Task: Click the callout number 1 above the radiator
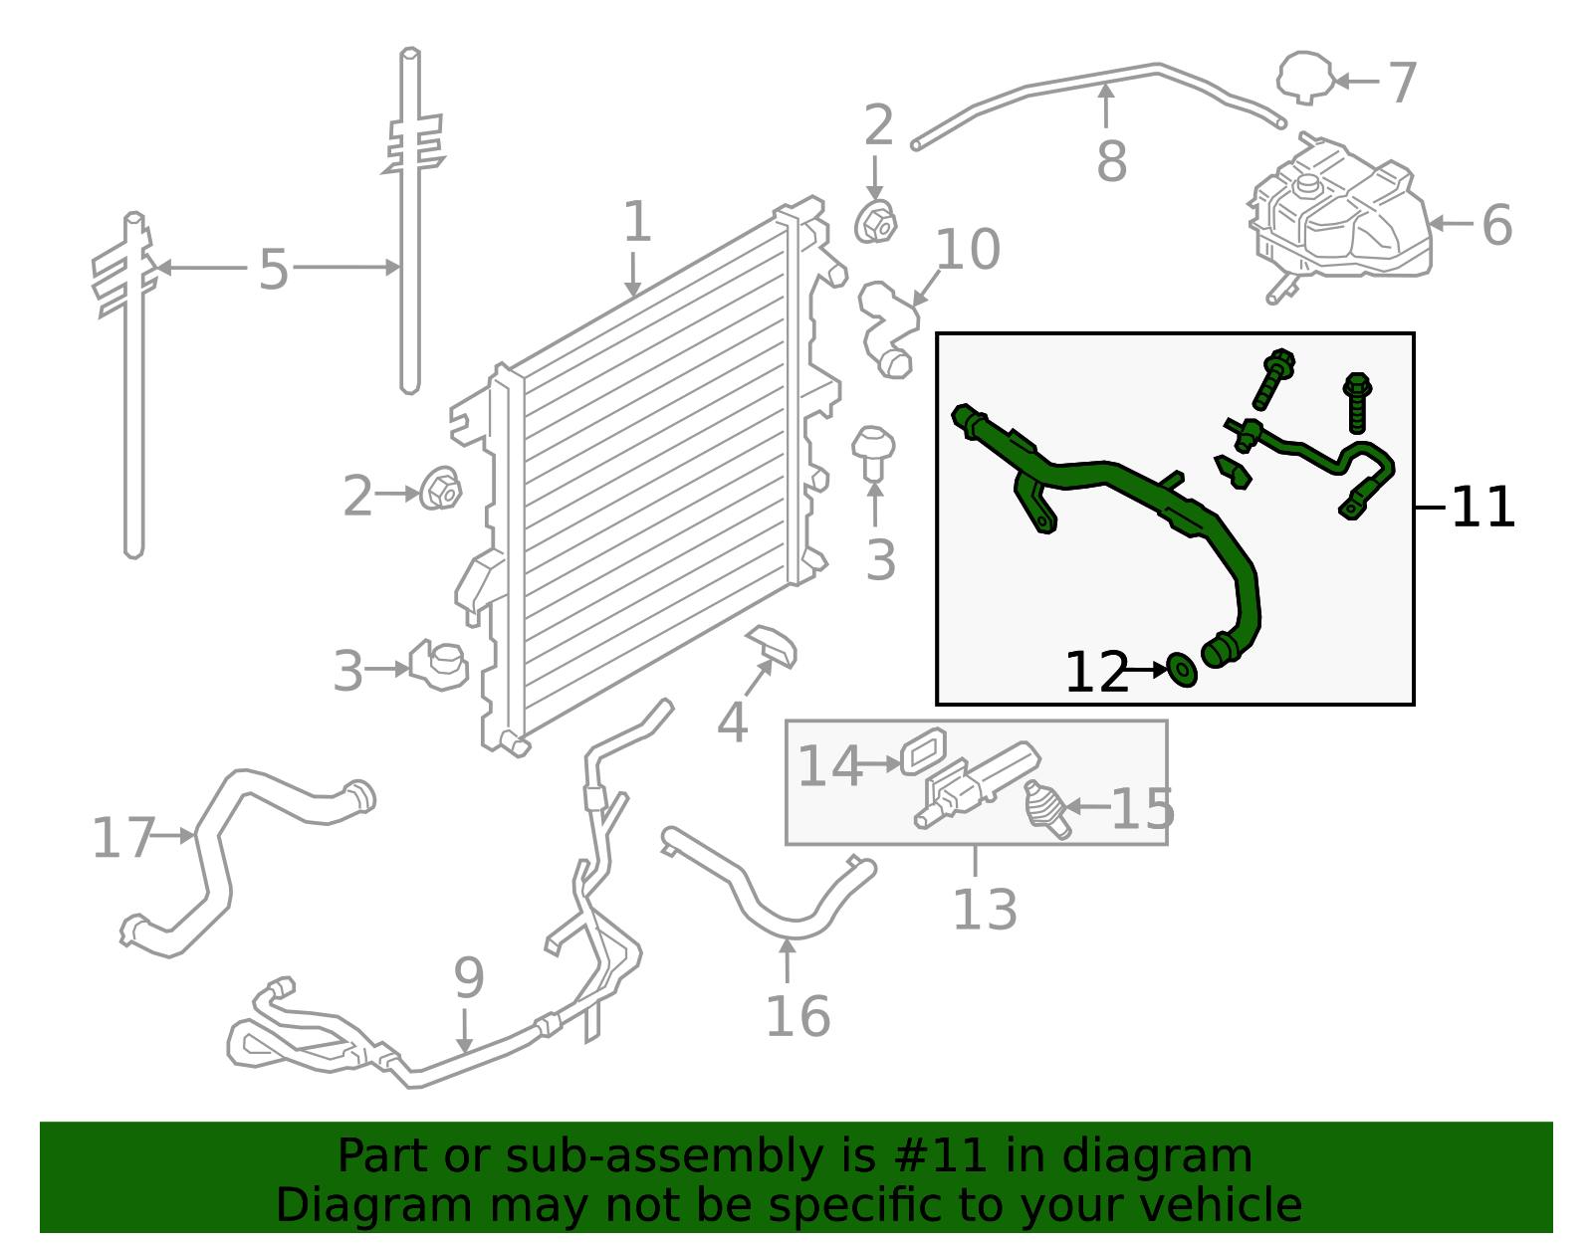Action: point(636,222)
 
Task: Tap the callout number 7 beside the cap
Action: point(1402,83)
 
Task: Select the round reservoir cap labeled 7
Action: point(1305,77)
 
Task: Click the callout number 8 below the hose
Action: point(1111,161)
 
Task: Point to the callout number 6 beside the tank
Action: point(1496,225)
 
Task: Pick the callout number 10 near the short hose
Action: point(968,250)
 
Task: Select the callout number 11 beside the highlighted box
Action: point(1482,508)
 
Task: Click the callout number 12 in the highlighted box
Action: point(1096,673)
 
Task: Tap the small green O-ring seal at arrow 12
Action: point(1181,670)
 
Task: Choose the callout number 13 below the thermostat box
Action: point(985,910)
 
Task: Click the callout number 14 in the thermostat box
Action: point(830,766)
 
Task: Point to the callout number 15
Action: point(1142,808)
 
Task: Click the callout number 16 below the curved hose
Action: point(797,1016)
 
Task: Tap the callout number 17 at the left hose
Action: point(123,838)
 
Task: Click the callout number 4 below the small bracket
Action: point(732,723)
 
